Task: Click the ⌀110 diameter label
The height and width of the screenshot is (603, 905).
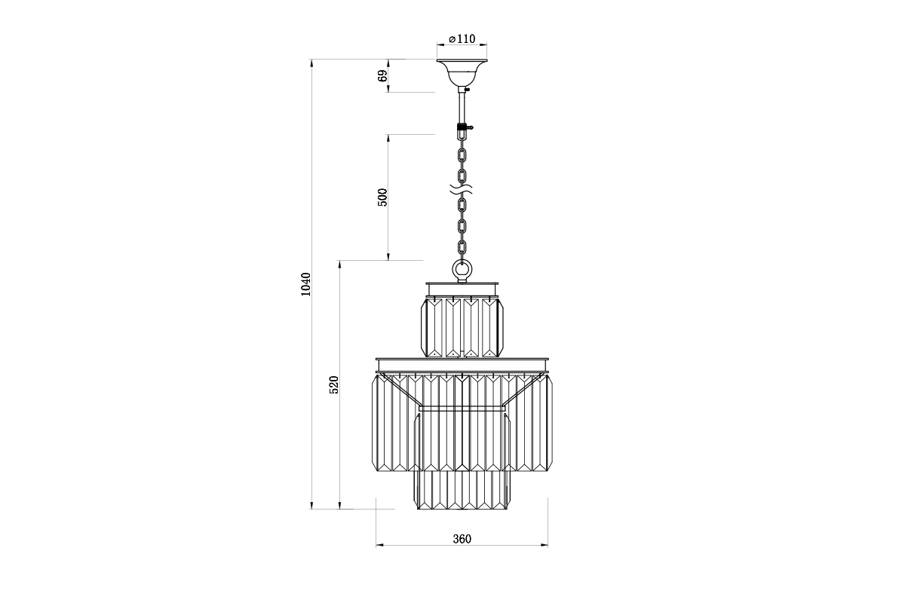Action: coord(462,39)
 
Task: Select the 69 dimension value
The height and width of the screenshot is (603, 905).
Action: coord(382,76)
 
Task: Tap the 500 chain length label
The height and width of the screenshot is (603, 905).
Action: coord(382,197)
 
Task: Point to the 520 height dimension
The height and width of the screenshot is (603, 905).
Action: coord(333,385)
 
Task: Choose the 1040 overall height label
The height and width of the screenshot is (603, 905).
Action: coord(306,284)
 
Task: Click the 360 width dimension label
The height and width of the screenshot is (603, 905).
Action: coord(462,539)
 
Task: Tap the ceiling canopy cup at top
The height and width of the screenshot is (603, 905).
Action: coord(462,72)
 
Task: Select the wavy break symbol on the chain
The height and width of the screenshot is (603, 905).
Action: coord(462,189)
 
